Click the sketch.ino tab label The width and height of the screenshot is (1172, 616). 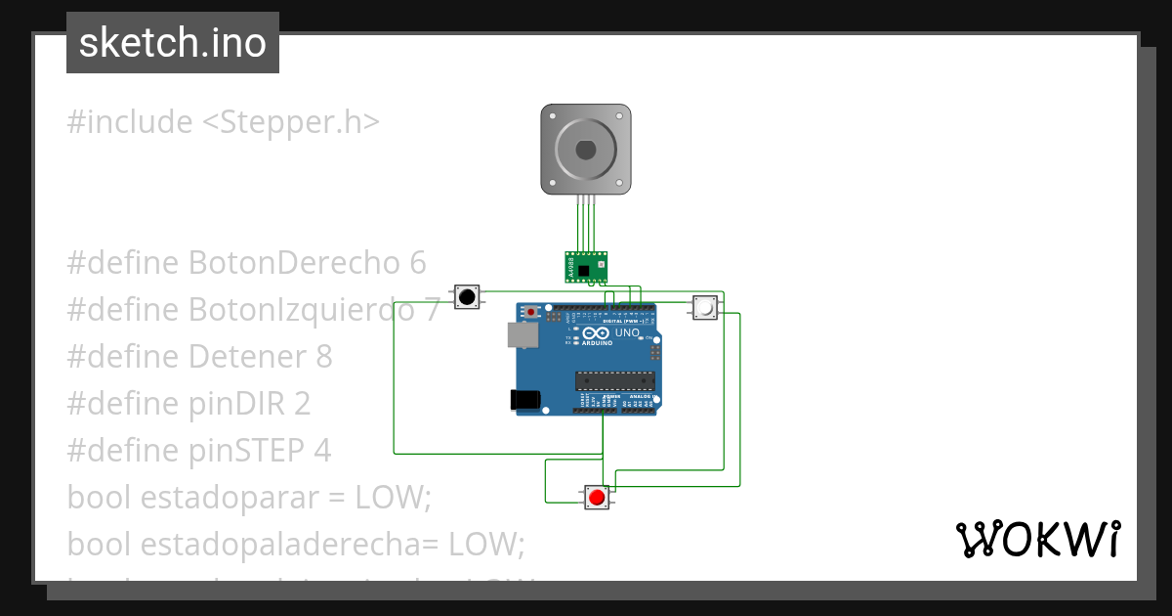click(x=173, y=43)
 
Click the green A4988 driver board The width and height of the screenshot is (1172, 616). click(x=586, y=267)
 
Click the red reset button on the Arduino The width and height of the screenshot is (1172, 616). click(x=531, y=312)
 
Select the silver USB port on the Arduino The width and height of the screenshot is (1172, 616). click(x=522, y=335)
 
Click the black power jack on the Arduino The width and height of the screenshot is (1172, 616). click(x=524, y=399)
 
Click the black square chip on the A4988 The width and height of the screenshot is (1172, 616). click(x=584, y=271)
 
